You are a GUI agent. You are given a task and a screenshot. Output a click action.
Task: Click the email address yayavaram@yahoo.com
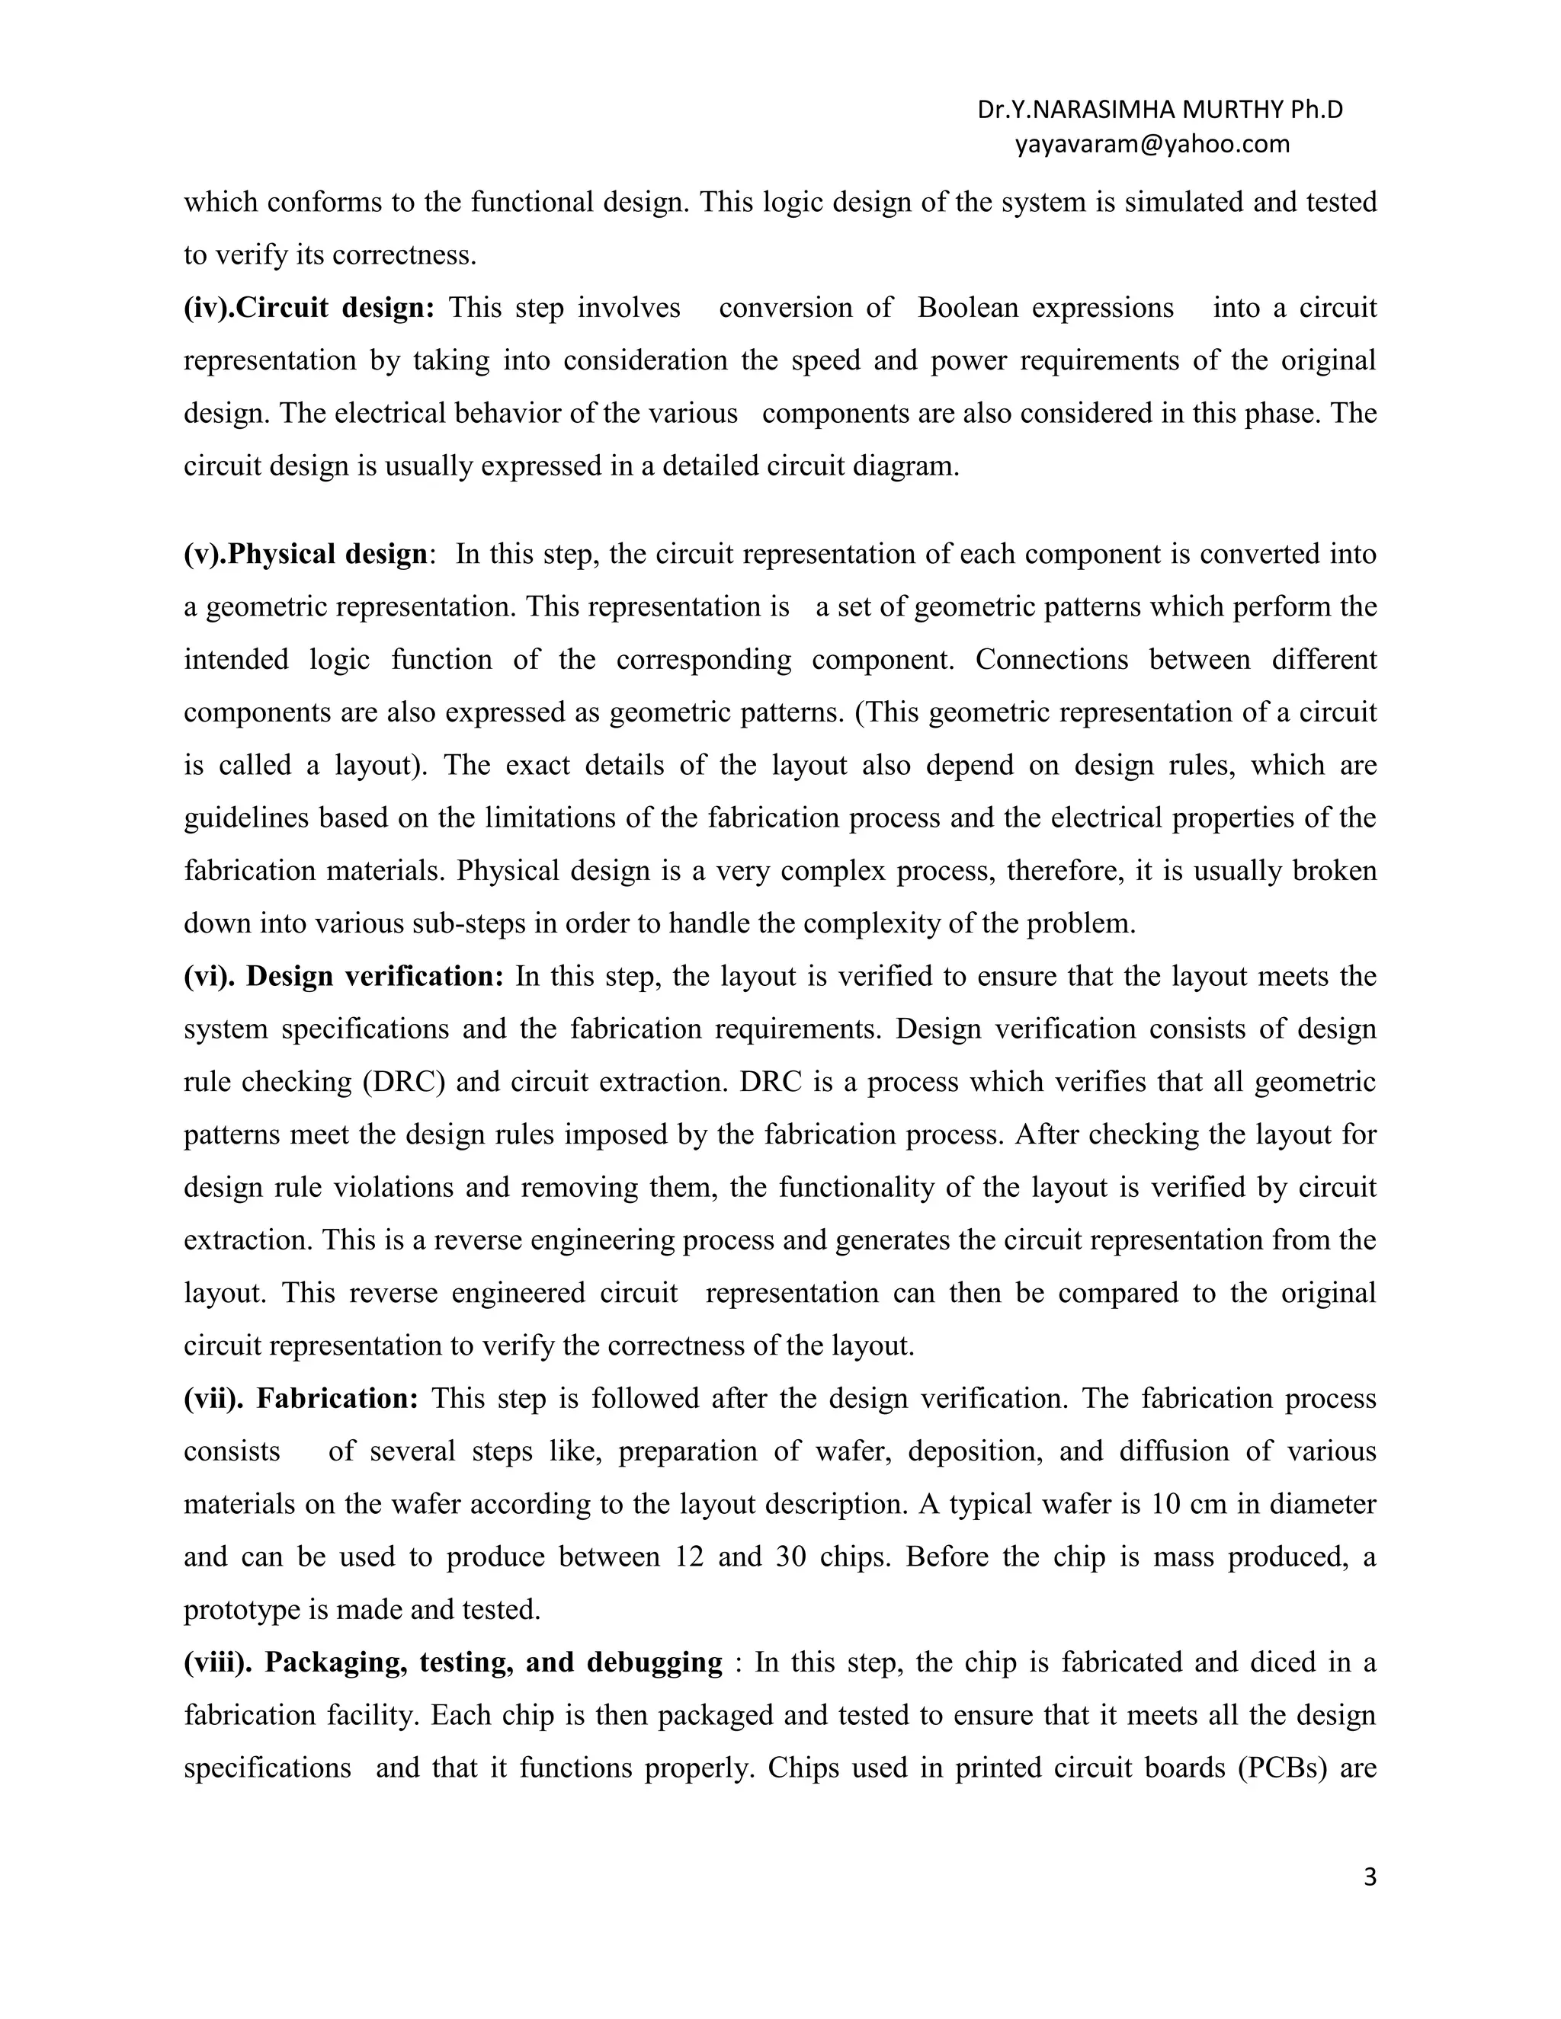(1152, 144)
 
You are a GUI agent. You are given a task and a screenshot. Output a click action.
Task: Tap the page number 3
(1370, 1877)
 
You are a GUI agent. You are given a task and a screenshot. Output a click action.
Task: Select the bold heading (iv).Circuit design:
(309, 308)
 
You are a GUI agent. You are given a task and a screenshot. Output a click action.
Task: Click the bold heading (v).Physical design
(305, 554)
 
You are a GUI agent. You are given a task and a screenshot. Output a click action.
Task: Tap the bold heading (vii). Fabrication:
(300, 1398)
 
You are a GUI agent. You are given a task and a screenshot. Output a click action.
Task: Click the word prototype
(242, 1609)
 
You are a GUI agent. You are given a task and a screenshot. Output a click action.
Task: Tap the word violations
(392, 1187)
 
